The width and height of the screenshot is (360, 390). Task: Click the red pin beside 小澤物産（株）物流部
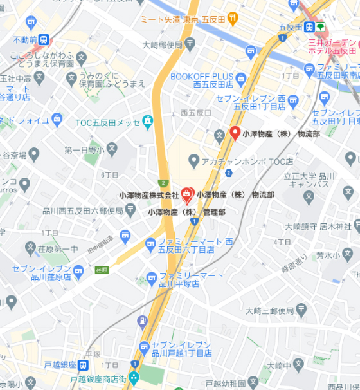pyautogui.click(x=235, y=133)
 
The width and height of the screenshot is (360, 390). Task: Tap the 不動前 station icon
pyautogui.click(x=44, y=40)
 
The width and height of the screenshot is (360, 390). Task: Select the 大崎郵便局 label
pyautogui.click(x=164, y=44)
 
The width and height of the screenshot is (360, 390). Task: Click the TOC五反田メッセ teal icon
pyautogui.click(x=148, y=120)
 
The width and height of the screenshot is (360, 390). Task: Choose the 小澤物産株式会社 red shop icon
pyautogui.click(x=187, y=193)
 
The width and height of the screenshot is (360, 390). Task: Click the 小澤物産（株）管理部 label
pyautogui.click(x=186, y=211)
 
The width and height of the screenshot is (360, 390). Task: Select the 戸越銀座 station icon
pyautogui.click(x=84, y=365)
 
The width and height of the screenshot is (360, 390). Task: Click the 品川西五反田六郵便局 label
pyautogui.click(x=82, y=211)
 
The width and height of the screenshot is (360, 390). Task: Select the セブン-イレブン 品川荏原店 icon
pyautogui.click(x=78, y=272)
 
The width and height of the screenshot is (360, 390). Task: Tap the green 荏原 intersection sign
pyautogui.click(x=100, y=270)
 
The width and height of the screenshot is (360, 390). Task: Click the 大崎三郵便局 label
pyautogui.click(x=276, y=311)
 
